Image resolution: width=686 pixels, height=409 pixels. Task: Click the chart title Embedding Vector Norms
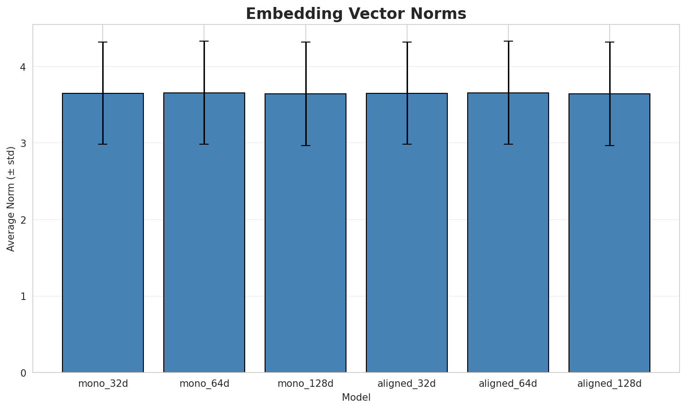coord(356,14)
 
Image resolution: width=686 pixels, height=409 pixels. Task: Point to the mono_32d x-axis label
coord(103,384)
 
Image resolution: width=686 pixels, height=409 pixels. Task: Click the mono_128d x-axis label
coord(305,384)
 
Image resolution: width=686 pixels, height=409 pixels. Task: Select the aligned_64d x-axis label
coord(508,384)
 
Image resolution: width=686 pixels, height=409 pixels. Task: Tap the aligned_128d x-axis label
coord(609,384)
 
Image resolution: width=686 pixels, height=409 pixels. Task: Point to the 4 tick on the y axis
coord(23,67)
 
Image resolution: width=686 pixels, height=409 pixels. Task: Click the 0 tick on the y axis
coord(23,373)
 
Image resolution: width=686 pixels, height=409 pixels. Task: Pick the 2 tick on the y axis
coord(23,220)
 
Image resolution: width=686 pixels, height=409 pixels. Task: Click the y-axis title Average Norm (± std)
coord(11,199)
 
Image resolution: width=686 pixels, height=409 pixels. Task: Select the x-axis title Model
coord(356,397)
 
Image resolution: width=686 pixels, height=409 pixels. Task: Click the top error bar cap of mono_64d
coord(204,41)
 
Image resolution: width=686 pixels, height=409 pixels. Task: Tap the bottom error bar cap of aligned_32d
coord(407,144)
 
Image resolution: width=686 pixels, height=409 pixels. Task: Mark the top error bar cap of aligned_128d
coord(609,42)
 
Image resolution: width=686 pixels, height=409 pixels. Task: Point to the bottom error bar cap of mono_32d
coord(103,144)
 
